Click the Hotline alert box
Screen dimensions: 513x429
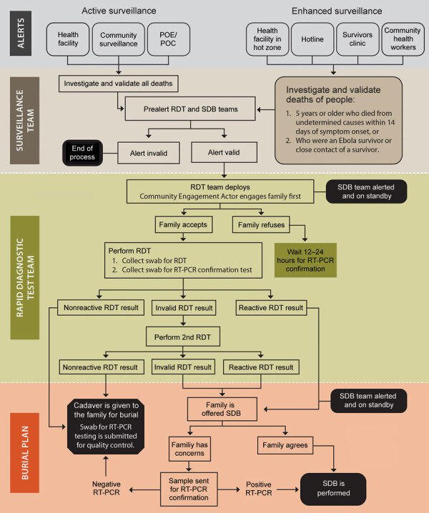pos(311,40)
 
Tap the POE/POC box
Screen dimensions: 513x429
pos(166,40)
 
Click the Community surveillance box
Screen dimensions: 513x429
pos(119,40)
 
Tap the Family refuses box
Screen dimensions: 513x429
pos(260,224)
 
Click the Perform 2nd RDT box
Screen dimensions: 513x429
pos(184,335)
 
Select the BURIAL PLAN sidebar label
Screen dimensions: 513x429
pos(20,447)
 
